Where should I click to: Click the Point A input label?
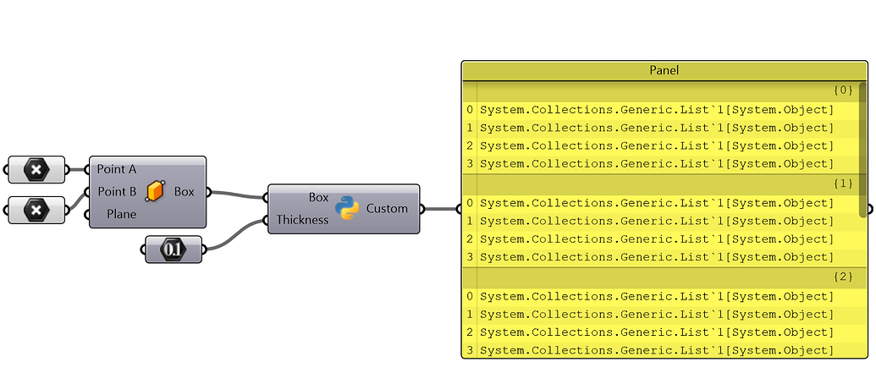(117, 169)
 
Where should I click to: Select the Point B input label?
(117, 191)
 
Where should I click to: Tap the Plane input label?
(121, 214)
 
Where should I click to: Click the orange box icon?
(155, 192)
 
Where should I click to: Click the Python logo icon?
(347, 208)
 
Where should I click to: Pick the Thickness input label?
(302, 220)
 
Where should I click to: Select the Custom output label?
(387, 208)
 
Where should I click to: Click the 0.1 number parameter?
(173, 250)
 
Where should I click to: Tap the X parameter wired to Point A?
(36, 170)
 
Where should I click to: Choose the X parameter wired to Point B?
(36, 208)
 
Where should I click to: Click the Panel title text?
(664, 70)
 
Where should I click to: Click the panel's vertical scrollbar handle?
(862, 148)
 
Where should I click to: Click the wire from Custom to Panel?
(440, 208)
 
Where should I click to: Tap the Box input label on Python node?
(318, 197)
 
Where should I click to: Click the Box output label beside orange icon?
(184, 191)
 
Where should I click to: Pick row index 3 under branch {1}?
(469, 257)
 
